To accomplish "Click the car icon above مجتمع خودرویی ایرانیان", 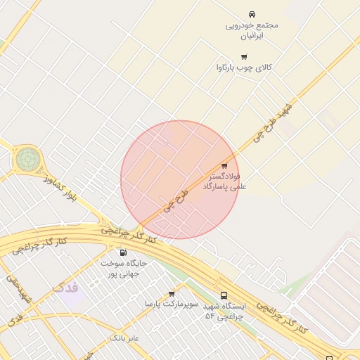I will (252, 15).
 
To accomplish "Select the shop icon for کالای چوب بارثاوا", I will (244, 56).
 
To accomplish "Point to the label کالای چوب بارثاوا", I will (244, 67).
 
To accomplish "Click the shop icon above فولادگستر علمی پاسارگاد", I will (224, 165).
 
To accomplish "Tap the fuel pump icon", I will (124, 252).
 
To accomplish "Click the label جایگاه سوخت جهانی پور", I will (124, 268).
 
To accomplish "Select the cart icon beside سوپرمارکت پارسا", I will (172, 294).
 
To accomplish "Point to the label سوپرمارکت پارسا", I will (169, 304).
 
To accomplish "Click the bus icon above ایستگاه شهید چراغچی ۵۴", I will (224, 296).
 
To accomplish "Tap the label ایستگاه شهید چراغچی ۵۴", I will (224, 311).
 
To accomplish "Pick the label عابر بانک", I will (124, 338).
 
